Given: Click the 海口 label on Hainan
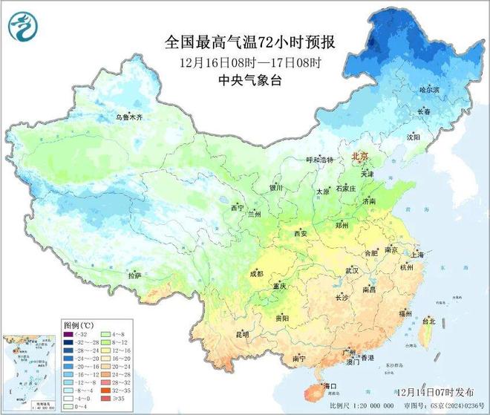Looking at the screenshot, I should (x=327, y=385).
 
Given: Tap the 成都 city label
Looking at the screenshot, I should (x=256, y=273).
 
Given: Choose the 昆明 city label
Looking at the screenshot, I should (x=242, y=334).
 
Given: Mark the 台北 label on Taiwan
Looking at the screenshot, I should (x=428, y=322).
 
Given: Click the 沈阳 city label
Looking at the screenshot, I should (x=413, y=137).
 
